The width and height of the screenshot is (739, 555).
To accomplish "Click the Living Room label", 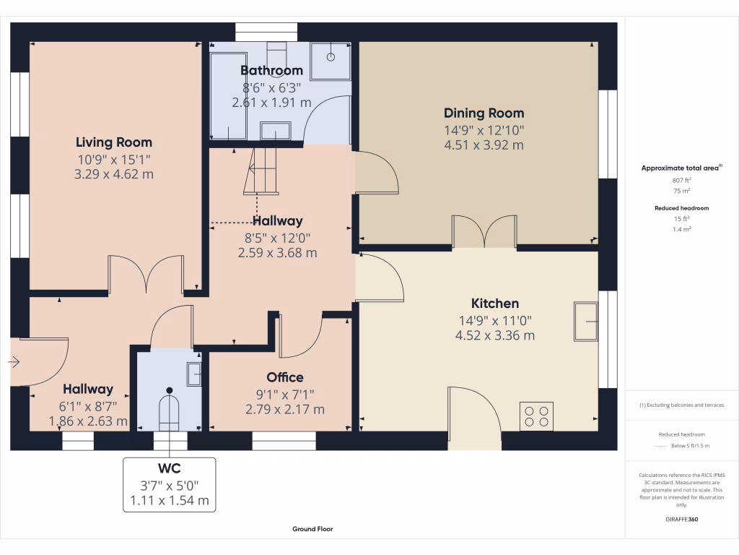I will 114,142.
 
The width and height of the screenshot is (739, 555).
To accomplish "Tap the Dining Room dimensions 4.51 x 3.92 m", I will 484,145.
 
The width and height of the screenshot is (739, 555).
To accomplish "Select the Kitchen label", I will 494,304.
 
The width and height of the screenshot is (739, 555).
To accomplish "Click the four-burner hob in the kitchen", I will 536,416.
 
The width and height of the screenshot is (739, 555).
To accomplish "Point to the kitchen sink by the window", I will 585,320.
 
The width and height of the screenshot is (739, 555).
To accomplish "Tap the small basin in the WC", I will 194,374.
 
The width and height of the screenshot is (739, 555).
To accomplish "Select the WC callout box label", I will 169,468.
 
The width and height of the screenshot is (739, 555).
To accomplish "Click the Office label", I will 284,377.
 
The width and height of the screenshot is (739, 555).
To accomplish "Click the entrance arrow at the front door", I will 15,362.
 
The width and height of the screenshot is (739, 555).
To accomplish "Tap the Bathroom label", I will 271,71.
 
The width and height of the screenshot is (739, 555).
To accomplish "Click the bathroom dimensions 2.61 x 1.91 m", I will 271,103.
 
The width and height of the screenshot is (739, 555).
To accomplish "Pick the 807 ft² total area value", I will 681,181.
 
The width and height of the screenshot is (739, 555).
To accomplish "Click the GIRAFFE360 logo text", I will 682,519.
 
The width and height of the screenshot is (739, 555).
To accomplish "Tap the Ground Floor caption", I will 312,529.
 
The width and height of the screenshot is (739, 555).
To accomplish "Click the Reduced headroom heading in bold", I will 682,208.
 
